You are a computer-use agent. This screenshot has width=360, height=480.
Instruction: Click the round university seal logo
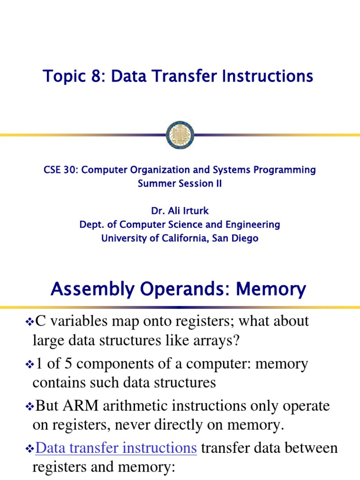tap(180, 135)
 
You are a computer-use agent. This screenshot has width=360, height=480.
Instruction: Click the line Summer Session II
tap(180, 183)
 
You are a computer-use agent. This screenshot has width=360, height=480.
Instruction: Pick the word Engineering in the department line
tap(254, 225)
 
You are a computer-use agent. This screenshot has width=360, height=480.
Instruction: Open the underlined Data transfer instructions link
tap(116, 448)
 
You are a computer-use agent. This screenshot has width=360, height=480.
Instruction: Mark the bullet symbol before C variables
tap(29, 322)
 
